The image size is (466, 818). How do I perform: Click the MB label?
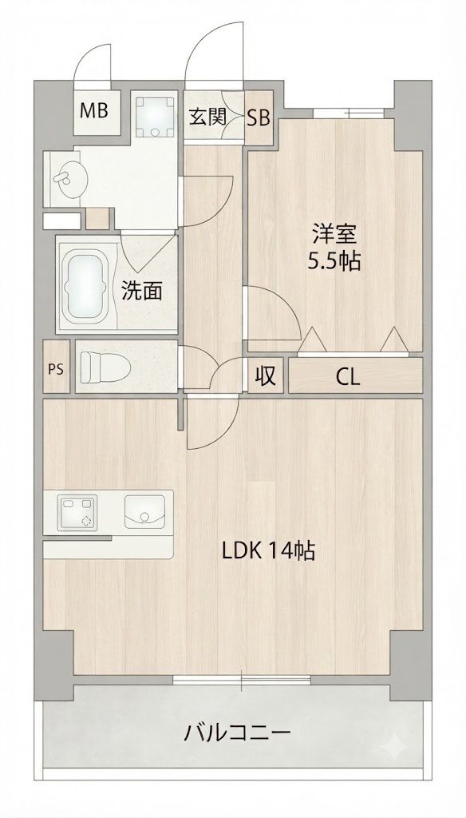tap(94, 110)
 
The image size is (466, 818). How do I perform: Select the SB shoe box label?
tap(259, 118)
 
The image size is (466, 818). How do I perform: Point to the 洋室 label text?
tap(334, 234)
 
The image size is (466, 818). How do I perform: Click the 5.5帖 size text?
tap(334, 261)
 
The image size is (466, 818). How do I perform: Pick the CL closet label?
tap(348, 377)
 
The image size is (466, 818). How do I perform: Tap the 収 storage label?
tap(266, 375)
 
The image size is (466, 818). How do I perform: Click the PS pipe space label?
tap(55, 369)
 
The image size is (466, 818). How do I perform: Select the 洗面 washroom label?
tap(142, 291)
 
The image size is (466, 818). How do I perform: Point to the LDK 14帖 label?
tap(268, 550)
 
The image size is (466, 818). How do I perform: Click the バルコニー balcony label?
tap(237, 734)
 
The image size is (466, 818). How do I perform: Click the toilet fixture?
tap(105, 366)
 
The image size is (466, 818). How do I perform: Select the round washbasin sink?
tap(70, 179)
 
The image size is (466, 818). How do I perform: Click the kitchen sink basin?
tap(144, 510)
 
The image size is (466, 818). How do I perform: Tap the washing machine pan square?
tap(156, 117)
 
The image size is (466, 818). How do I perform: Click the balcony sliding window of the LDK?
tap(242, 680)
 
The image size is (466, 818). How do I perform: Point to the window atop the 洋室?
tap(349, 113)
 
